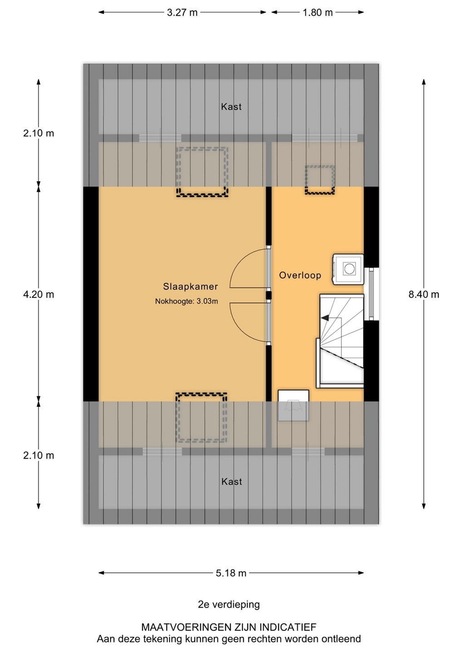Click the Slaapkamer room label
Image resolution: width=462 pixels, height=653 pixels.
pyautogui.click(x=190, y=287)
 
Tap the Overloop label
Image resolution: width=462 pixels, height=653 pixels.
pyautogui.click(x=300, y=275)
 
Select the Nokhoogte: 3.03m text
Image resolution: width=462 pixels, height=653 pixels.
pyautogui.click(x=187, y=301)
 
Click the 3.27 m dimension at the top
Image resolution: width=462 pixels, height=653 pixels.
pyautogui.click(x=182, y=13)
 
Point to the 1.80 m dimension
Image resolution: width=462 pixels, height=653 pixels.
pyautogui.click(x=318, y=13)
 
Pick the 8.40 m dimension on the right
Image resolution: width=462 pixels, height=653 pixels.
pyautogui.click(x=423, y=294)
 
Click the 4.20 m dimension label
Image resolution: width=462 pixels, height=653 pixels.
pyautogui.click(x=39, y=294)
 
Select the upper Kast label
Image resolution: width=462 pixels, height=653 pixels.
pyautogui.click(x=231, y=107)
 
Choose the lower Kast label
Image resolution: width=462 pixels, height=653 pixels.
pyautogui.click(x=231, y=482)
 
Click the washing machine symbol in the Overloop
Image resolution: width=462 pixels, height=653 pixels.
pyautogui.click(x=348, y=269)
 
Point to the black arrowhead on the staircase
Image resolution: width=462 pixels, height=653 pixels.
pyautogui.click(x=324, y=318)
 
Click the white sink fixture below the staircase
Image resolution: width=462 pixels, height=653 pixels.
pyautogui.click(x=293, y=405)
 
